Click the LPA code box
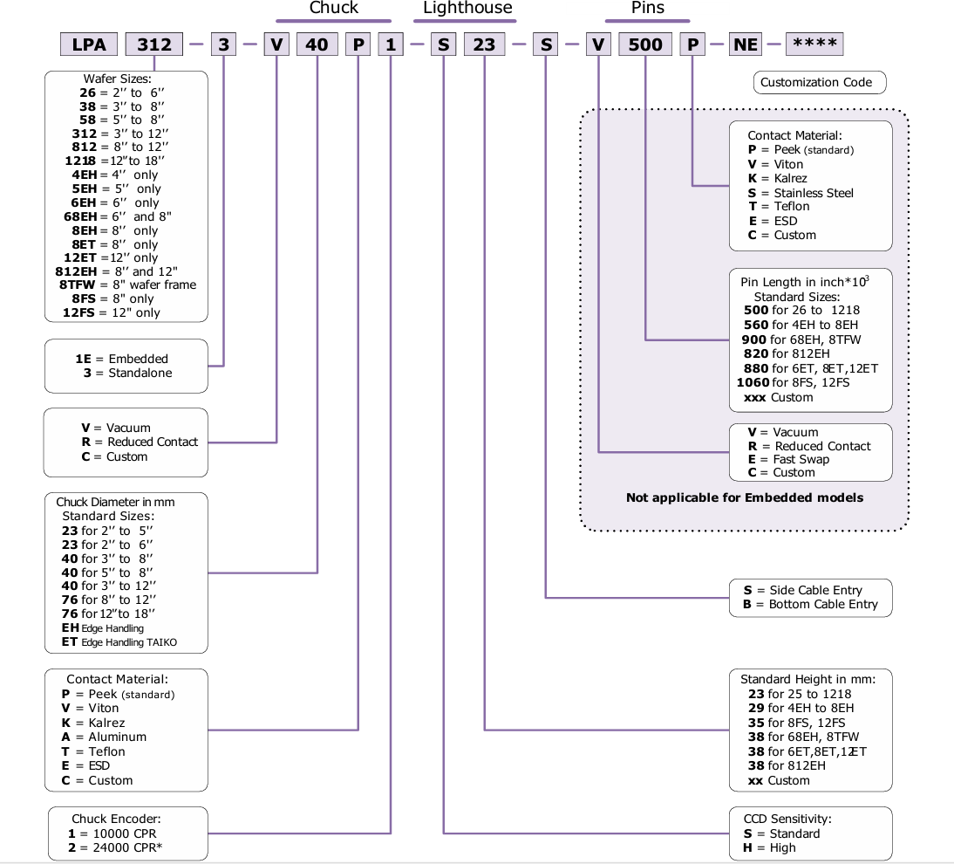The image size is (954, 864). pos(90,45)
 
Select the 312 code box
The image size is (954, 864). pos(154,45)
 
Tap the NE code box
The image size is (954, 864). pos(746,45)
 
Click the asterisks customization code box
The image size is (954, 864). pos(814,45)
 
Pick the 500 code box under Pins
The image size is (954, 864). pos(645,45)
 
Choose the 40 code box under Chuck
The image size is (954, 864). pos(317,45)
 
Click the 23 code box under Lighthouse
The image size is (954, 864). pos(484,45)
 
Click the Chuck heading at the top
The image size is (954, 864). pos(333,8)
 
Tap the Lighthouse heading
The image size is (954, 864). pos(467,8)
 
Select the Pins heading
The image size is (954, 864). pos(647,8)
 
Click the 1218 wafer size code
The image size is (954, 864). pos(80,161)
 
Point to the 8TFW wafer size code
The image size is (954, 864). pos(78,285)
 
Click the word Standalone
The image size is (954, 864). pos(140,373)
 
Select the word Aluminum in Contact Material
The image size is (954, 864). pos(118,737)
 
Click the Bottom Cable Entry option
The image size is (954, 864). pos(823,604)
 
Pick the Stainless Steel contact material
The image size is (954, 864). pos(814,193)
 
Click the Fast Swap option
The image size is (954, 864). pos(801,459)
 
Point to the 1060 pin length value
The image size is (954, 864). pos(753,382)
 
